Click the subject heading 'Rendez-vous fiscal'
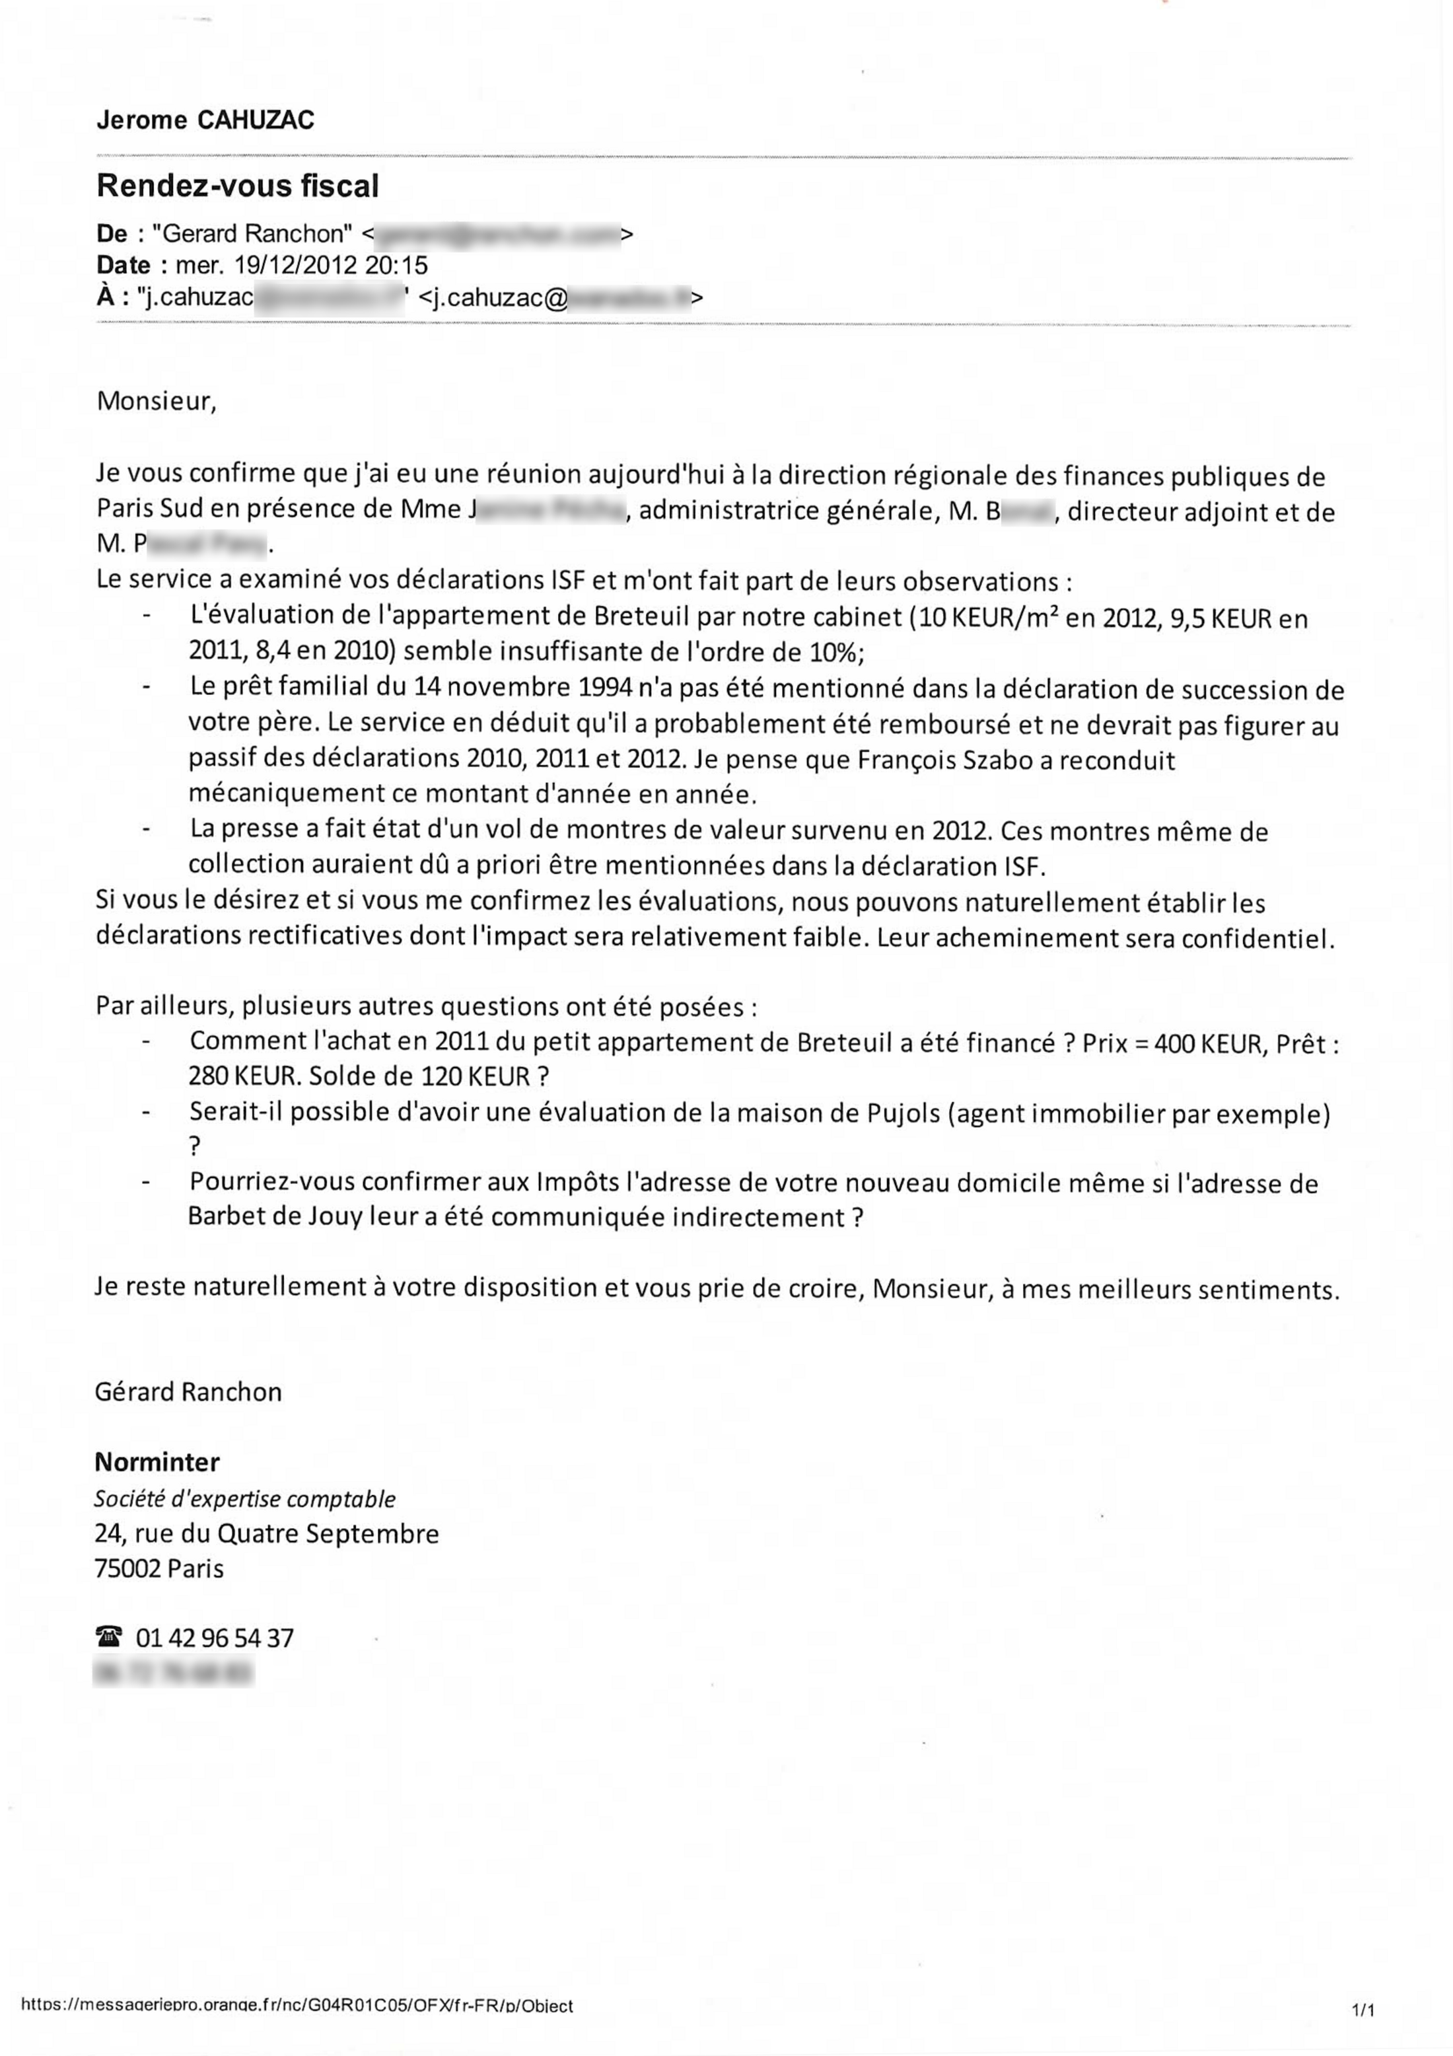click(x=237, y=186)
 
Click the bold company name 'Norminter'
click(x=157, y=1462)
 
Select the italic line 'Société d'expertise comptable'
click(x=244, y=1499)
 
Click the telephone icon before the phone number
click(x=108, y=1638)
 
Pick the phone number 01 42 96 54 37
click(x=214, y=1638)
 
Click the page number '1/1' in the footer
click(x=1363, y=2011)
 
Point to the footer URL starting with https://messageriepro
click(x=295, y=2006)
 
